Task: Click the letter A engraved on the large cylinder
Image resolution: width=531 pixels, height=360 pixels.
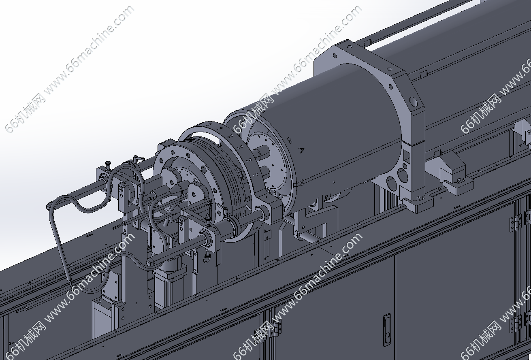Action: tap(301, 150)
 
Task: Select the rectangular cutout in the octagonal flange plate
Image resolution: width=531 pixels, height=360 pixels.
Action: tap(407, 156)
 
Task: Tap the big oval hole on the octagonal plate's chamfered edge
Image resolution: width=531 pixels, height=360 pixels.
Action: tap(413, 101)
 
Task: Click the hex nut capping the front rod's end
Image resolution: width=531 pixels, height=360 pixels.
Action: tap(149, 262)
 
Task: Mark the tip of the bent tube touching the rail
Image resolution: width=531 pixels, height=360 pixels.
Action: tap(70, 283)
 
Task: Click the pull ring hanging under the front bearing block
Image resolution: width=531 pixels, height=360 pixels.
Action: tap(207, 258)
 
